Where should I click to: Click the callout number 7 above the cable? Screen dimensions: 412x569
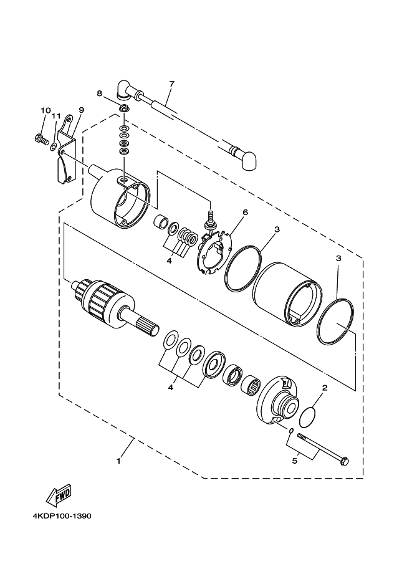pyautogui.click(x=171, y=84)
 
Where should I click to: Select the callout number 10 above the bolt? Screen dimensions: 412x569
pyautogui.click(x=46, y=110)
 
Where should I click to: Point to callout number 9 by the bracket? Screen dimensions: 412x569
pyautogui.click(x=81, y=110)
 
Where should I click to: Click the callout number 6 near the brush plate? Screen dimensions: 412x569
pyautogui.click(x=245, y=213)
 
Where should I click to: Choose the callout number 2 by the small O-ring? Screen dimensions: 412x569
pyautogui.click(x=325, y=388)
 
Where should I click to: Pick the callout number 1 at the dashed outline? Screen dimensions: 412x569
pyautogui.click(x=118, y=461)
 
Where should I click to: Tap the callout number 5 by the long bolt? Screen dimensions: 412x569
pyautogui.click(x=295, y=461)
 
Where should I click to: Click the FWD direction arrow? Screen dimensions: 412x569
pyautogui.click(x=59, y=495)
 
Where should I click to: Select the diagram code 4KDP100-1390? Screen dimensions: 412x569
pyautogui.click(x=62, y=516)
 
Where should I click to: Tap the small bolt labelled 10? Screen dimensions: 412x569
pyautogui.click(x=42, y=138)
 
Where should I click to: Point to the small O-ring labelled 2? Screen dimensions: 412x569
pyautogui.click(x=308, y=418)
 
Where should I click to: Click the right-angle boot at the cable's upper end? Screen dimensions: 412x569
pyautogui.click(x=123, y=88)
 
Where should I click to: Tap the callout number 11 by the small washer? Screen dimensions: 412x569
pyautogui.click(x=55, y=116)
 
